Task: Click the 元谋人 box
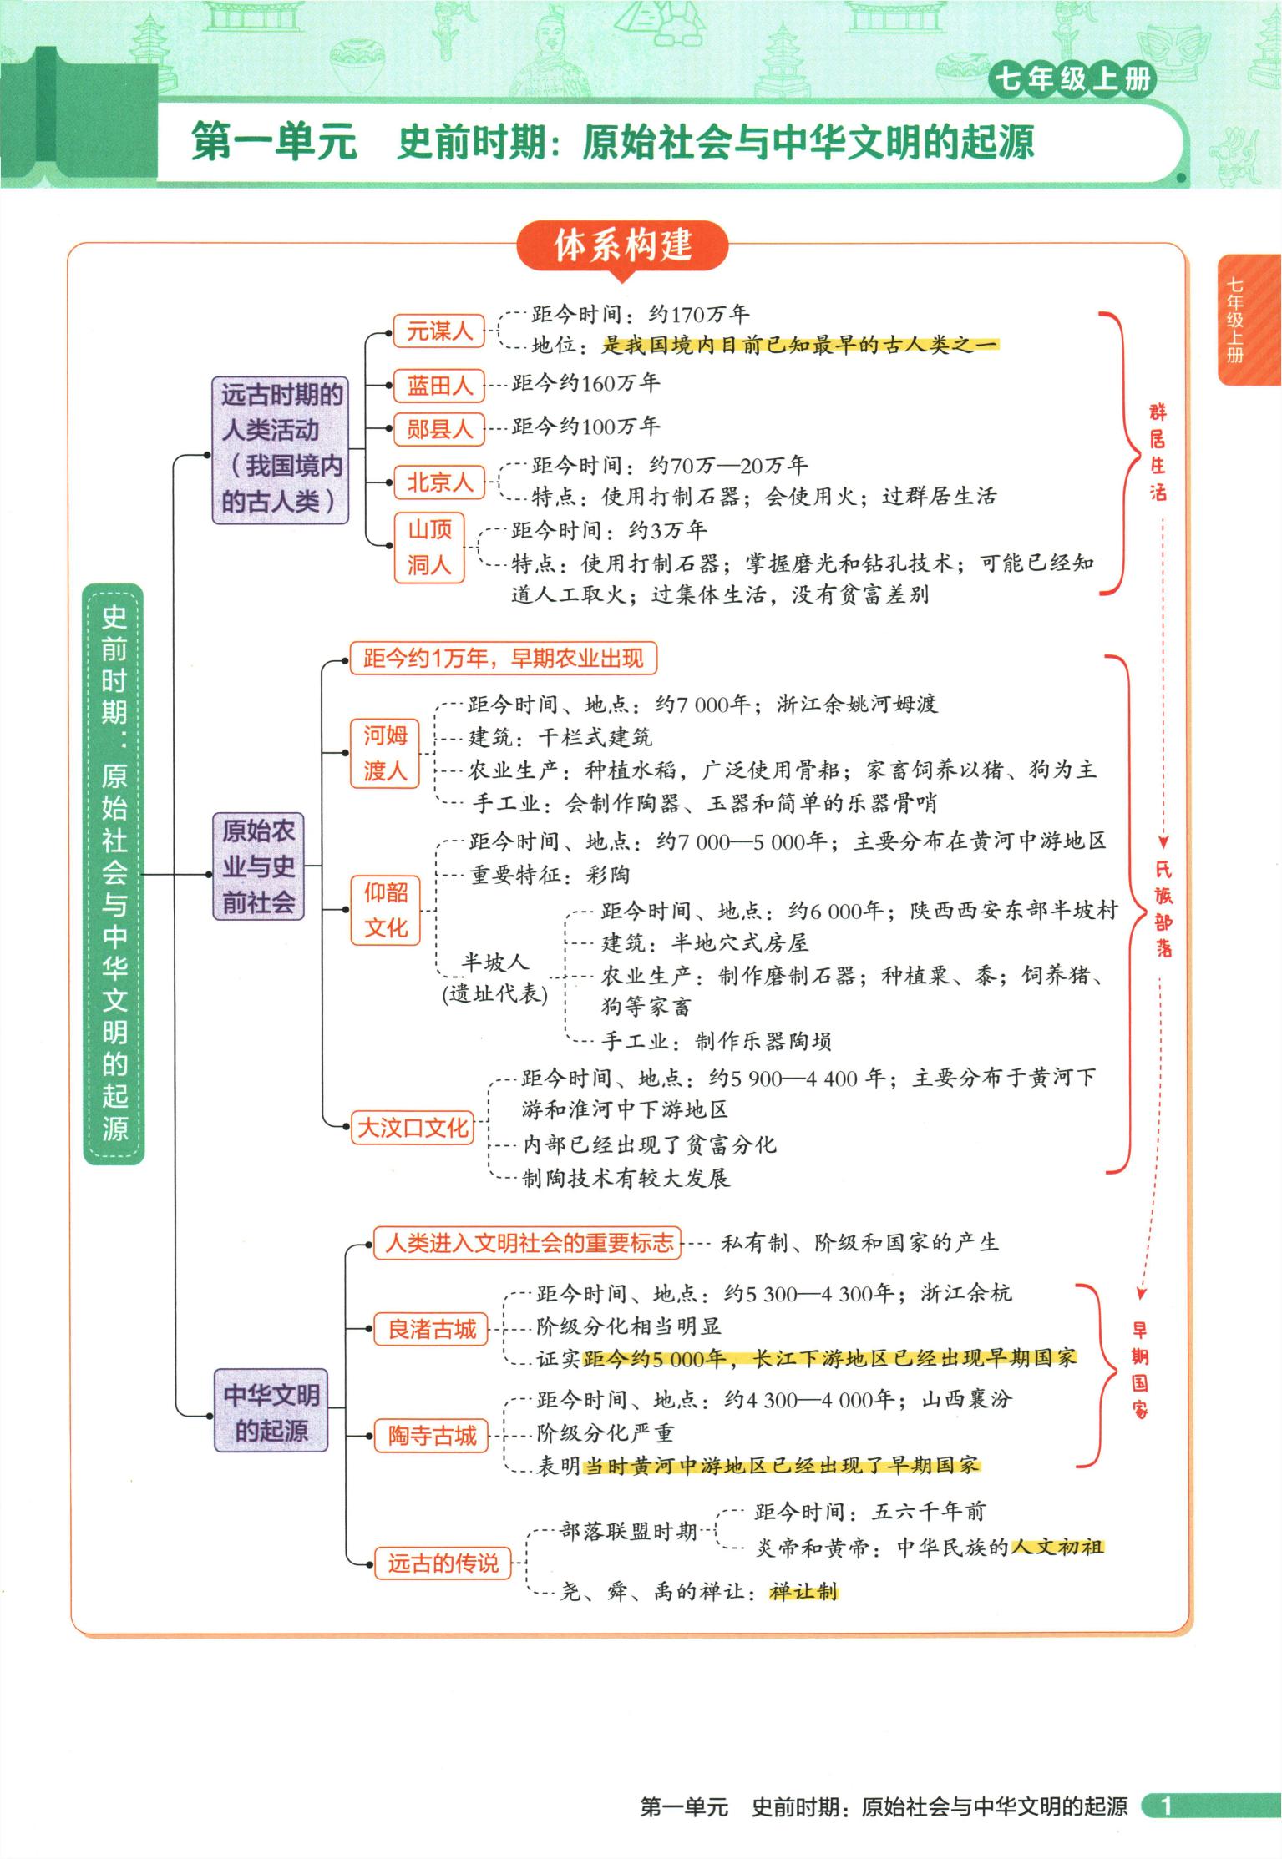439,331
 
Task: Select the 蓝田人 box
439,385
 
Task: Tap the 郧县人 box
439,429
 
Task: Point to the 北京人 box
439,482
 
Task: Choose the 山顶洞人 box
429,547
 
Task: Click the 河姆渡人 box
385,753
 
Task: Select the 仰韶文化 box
385,910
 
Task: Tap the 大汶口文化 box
413,1128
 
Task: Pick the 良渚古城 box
432,1329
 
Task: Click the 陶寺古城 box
432,1436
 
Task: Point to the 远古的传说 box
443,1563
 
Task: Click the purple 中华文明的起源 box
271,1412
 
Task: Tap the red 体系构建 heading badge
623,245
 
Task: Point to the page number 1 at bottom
1167,1806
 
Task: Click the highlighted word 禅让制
803,1591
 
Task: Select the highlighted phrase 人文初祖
1057,1547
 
